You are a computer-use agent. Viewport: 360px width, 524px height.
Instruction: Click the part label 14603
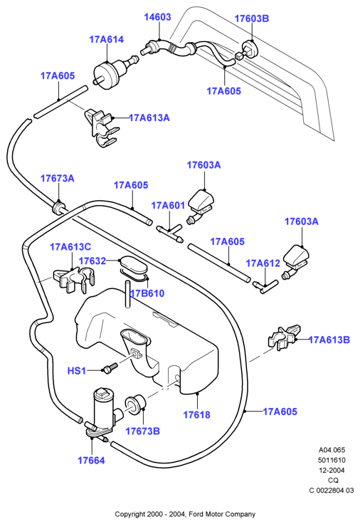coord(157,17)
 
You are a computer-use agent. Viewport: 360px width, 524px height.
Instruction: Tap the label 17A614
coord(106,39)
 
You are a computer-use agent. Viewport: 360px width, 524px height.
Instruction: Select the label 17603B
coord(251,19)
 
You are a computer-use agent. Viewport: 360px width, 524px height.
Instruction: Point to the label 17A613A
coord(149,118)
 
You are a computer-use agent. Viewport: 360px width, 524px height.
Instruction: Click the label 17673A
coord(58,179)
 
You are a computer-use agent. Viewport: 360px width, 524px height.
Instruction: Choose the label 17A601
coord(168,206)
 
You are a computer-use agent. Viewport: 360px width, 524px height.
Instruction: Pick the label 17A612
coord(263,263)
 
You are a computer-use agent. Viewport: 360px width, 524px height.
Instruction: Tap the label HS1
coord(77,371)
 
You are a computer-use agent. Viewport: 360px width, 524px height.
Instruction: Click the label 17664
coord(91,461)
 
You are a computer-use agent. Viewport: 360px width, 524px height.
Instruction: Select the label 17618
coord(196,415)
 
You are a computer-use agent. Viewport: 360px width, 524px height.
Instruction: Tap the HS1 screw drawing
coord(110,368)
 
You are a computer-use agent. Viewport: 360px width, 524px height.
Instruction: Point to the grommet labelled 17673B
coord(135,404)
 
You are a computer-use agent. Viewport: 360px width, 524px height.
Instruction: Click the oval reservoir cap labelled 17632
coord(133,265)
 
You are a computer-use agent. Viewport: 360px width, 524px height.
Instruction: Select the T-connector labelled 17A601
coord(169,233)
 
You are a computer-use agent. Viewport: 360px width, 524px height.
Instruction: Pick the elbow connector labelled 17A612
coord(265,286)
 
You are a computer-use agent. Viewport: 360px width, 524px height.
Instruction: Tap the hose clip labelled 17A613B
coord(284,337)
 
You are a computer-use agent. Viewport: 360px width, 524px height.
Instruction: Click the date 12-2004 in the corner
coord(332,470)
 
